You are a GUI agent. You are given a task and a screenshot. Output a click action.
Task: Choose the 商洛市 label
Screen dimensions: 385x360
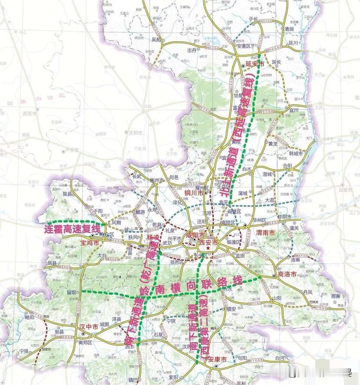pos(287,274)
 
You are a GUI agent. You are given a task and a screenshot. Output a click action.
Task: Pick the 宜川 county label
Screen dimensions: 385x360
pos(294,111)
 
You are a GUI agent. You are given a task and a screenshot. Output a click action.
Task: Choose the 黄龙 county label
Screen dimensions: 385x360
pos(272,144)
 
